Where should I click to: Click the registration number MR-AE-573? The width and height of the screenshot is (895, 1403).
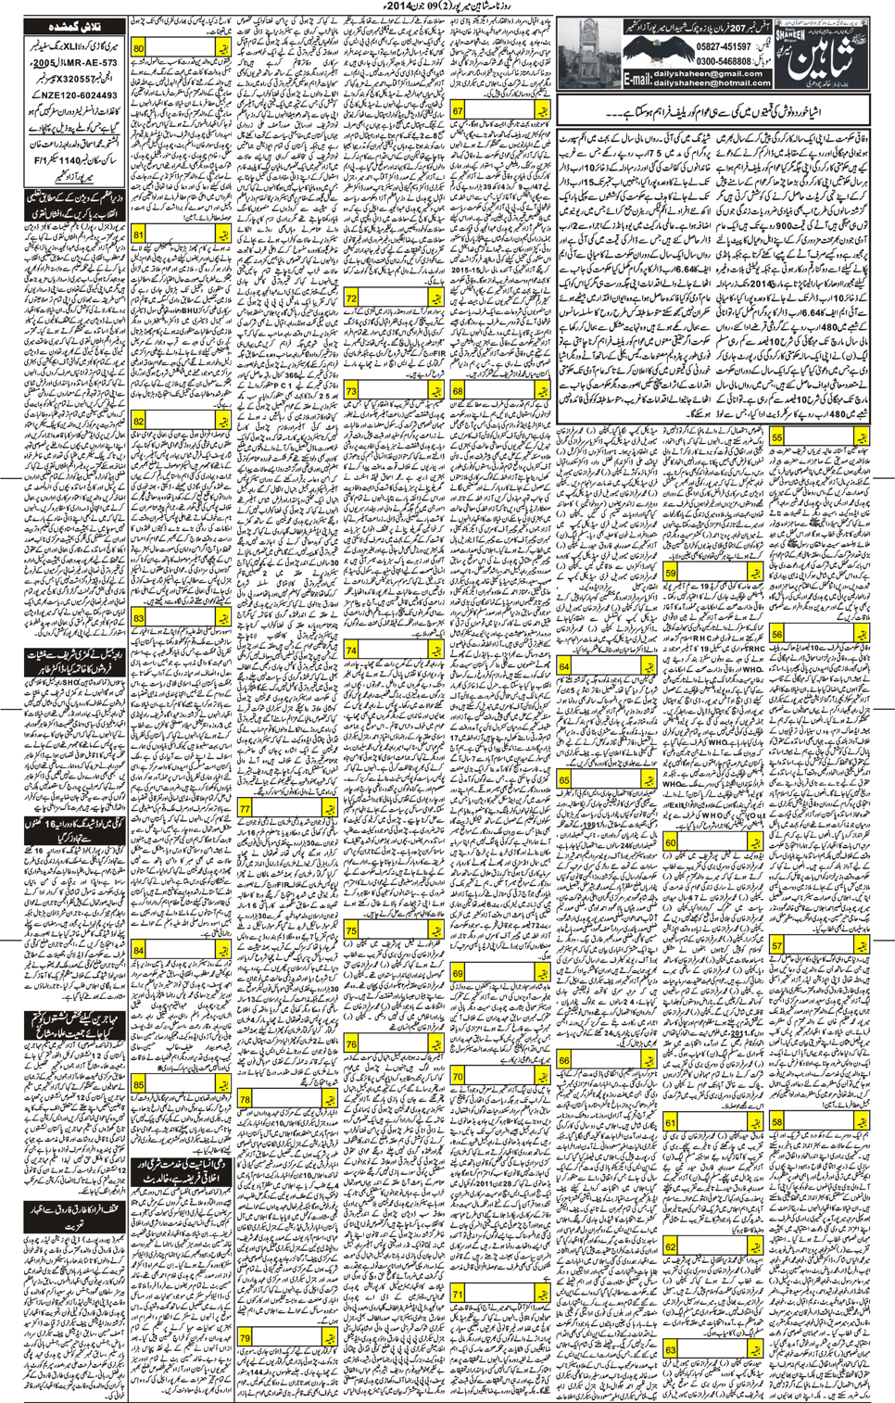tap(89, 64)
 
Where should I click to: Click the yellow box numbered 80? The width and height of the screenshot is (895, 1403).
tap(139, 48)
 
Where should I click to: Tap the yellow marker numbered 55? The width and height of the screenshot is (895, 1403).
tap(776, 436)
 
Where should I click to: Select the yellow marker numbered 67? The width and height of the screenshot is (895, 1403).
tap(458, 111)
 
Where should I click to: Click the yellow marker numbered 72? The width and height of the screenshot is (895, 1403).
tap(351, 298)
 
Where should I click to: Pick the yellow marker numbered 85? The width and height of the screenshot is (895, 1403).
tap(139, 1085)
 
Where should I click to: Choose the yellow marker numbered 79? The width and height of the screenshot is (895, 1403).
tap(246, 1337)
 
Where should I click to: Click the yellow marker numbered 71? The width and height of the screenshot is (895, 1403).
tap(458, 1294)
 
